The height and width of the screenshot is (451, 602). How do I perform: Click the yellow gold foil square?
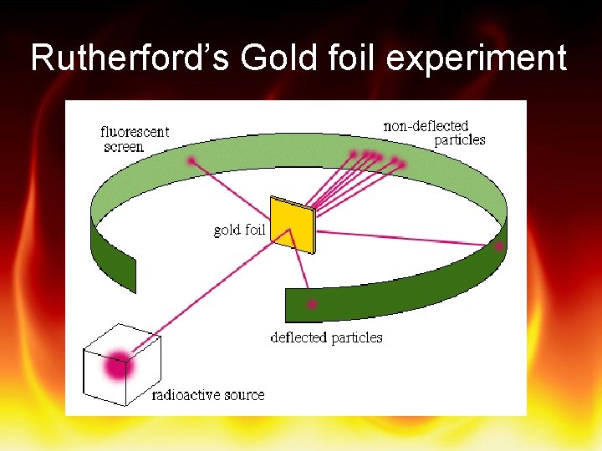[293, 225]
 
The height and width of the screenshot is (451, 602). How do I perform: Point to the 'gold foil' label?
[239, 230]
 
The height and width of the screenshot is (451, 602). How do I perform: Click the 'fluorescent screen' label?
[134, 139]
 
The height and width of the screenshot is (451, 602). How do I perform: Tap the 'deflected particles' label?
[326, 337]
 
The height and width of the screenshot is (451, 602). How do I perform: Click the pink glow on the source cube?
[118, 365]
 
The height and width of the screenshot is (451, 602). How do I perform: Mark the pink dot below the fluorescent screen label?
[192, 160]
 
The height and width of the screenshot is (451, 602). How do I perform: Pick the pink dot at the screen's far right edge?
[499, 246]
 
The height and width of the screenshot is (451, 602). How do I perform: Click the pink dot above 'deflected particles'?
[312, 304]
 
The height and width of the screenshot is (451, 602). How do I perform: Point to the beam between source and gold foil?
[209, 296]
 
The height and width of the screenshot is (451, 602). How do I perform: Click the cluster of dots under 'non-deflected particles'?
[376, 158]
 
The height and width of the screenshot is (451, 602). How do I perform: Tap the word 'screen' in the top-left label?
[124, 147]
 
